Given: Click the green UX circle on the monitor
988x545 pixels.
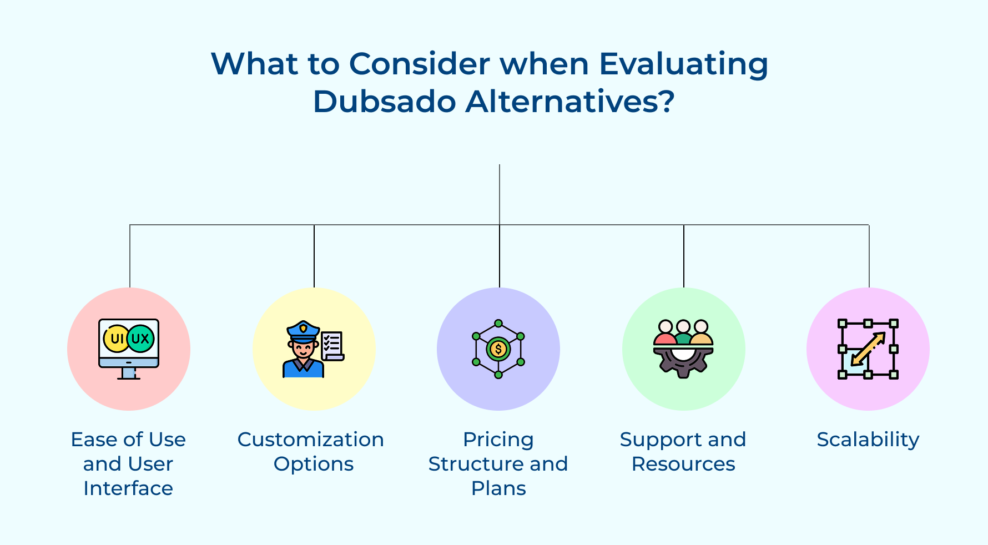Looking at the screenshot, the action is pyautogui.click(x=141, y=339).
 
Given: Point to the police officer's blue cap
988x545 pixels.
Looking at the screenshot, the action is pyautogui.click(x=303, y=330).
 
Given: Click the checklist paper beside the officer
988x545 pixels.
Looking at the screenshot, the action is pyautogui.click(x=332, y=346).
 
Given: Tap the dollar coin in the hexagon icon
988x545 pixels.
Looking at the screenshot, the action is pyautogui.click(x=498, y=349).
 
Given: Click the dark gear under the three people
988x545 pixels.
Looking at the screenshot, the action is pyautogui.click(x=683, y=362).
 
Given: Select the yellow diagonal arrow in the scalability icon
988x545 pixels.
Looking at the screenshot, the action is pyautogui.click(x=868, y=349).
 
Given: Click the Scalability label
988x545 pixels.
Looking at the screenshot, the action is pyautogui.click(x=868, y=440).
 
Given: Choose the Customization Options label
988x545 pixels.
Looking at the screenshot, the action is pyautogui.click(x=311, y=452).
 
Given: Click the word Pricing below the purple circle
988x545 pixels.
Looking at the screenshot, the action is pyautogui.click(x=498, y=440).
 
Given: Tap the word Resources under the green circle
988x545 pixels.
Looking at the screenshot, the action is pyautogui.click(x=683, y=464).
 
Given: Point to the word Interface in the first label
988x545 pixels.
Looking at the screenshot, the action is pyautogui.click(x=128, y=488).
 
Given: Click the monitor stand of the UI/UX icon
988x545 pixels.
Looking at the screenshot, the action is pyautogui.click(x=129, y=373).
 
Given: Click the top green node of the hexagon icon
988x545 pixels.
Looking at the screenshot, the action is pyautogui.click(x=498, y=323).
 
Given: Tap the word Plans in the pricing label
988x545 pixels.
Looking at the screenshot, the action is pyautogui.click(x=498, y=488).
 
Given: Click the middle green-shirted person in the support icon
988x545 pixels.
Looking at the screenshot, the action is pyautogui.click(x=683, y=332).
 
